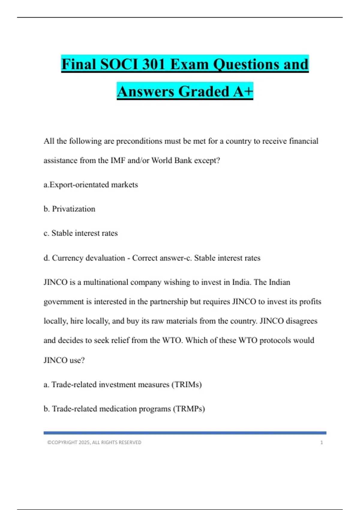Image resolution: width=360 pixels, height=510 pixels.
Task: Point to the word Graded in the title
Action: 204,91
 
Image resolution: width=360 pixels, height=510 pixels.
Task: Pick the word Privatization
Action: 73,209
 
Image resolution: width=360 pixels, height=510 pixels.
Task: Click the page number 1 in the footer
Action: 321,442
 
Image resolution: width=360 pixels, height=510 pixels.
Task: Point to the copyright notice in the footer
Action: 94,442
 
